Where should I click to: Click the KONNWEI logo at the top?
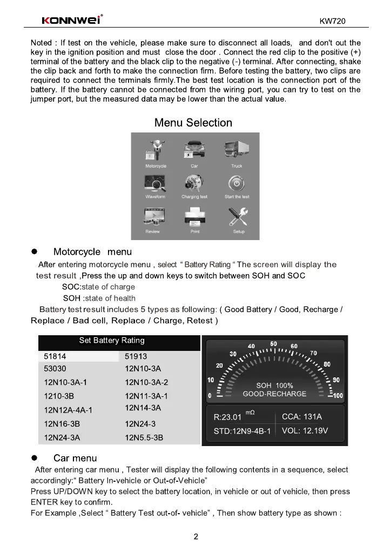(72, 21)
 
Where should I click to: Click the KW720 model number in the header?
(332, 22)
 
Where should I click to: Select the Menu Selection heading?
(193, 123)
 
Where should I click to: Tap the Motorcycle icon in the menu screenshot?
(156, 151)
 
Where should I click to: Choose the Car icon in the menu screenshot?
(194, 151)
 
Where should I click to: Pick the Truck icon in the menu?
(237, 151)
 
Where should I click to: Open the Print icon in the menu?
(195, 218)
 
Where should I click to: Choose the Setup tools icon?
(238, 218)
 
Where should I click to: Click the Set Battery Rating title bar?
(112, 341)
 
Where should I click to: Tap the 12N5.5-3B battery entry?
(144, 437)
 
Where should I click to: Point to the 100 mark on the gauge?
(338, 396)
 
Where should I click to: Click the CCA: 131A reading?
(302, 416)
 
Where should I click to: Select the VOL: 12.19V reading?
(305, 430)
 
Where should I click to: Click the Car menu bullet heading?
(75, 459)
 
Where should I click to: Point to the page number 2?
(196, 537)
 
